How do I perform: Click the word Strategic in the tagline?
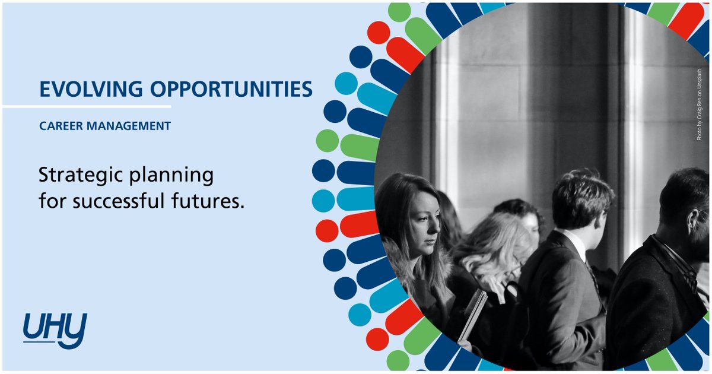(78, 176)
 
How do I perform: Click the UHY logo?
(55, 329)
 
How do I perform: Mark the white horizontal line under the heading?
(86, 107)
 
